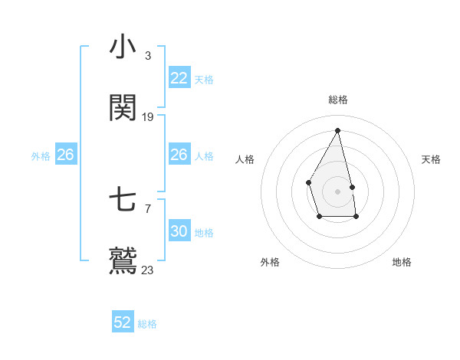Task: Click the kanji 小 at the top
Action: [x=123, y=47]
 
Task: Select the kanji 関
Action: [x=123, y=109]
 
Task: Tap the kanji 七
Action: [x=123, y=201]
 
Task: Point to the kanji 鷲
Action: [x=123, y=261]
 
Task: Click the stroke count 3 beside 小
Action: [x=147, y=55]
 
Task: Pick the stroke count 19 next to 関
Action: [x=148, y=116]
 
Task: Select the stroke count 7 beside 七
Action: [x=147, y=208]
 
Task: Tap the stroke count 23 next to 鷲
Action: [x=147, y=270]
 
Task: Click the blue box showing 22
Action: [x=179, y=78]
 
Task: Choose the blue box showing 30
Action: [x=179, y=231]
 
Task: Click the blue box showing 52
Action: [x=123, y=322]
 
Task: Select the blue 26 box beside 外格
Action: [x=65, y=155]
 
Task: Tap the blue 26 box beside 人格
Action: [x=179, y=155]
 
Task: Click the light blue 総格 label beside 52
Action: [x=147, y=324]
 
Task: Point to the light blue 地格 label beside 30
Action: [x=204, y=233]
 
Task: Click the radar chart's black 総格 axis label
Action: [x=337, y=100]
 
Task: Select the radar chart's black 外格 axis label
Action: [x=270, y=262]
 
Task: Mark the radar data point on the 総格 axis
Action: [x=337, y=130]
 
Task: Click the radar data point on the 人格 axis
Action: [x=308, y=182]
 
